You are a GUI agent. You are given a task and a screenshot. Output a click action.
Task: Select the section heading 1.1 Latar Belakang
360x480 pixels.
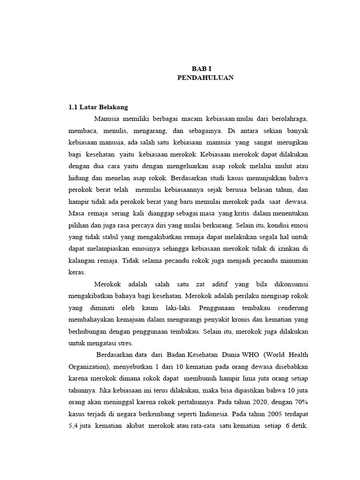(x=98, y=107)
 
